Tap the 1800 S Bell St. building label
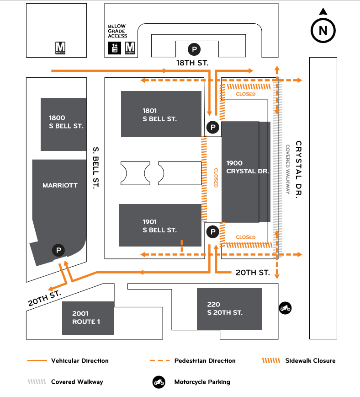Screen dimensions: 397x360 pos(66,122)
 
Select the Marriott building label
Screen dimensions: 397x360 pos(60,185)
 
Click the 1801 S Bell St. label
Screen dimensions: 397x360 pos(159,115)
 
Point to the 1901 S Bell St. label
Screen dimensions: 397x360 pos(159,226)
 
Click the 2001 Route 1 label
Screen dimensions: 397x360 pos(86,317)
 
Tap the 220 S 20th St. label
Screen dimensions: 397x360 pos(224,308)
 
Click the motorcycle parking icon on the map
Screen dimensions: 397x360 pos(285,308)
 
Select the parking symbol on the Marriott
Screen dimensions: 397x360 pos(58,250)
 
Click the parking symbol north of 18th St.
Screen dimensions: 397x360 pos(195,49)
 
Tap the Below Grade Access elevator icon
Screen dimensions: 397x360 pos(114,48)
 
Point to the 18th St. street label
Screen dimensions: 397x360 pos(193,62)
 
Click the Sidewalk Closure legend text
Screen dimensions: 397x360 pos(310,360)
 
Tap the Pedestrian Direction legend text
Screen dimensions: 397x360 pos(205,360)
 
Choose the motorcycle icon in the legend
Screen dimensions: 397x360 pos(159,381)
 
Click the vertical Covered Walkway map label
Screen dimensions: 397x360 pos(288,170)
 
